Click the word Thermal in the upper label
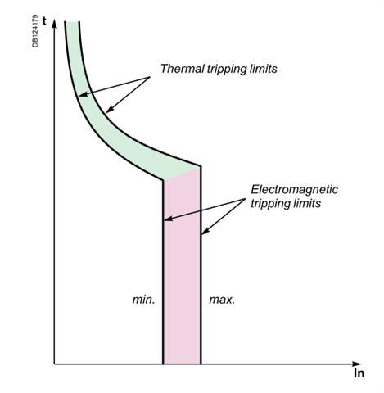coord(183,69)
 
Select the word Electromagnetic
coord(295,189)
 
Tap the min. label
coord(143,300)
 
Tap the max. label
coord(222,300)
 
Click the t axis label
coord(44,21)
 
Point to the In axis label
coord(359,373)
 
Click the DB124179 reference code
coord(35,31)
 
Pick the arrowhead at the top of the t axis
coord(55,24)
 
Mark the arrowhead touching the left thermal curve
coord(83,94)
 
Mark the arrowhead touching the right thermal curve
coord(109,109)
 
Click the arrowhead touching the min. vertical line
coord(168,219)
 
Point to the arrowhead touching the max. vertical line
coord(205,231)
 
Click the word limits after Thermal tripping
coord(264,69)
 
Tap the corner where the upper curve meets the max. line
coord(201,166)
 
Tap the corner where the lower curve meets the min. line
coord(163,179)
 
